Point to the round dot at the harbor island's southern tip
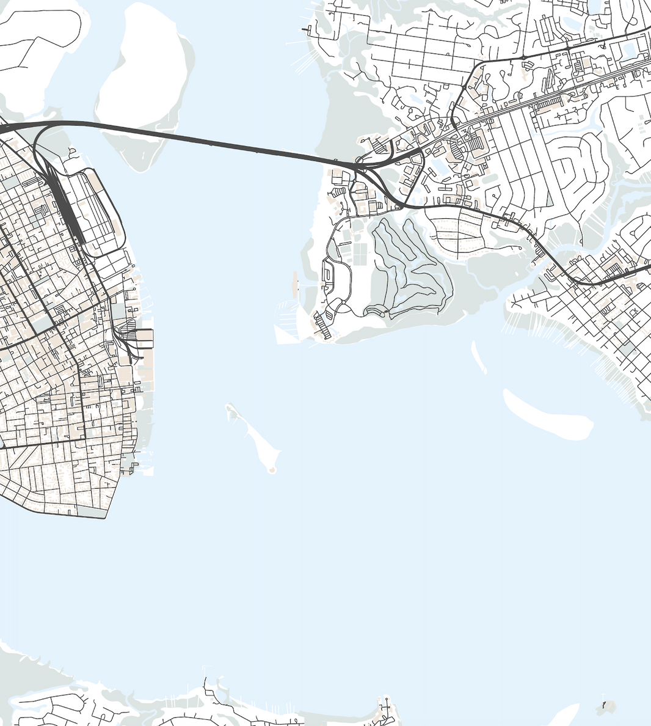[272, 470]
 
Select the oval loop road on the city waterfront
[98, 211]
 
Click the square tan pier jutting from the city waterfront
[144, 337]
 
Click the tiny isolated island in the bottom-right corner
[606, 706]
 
